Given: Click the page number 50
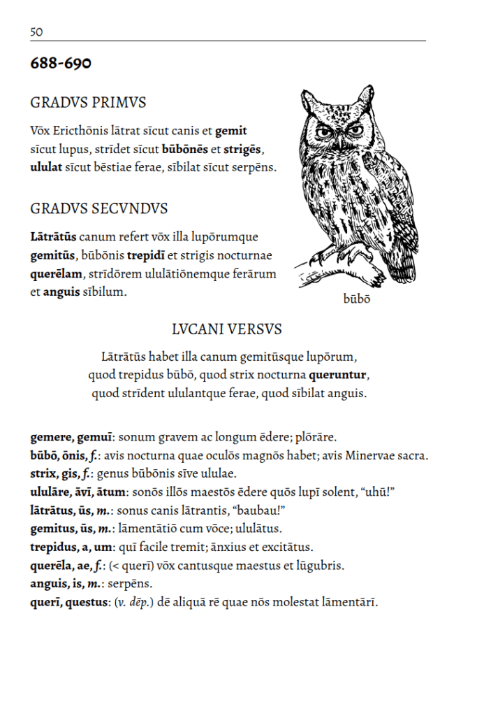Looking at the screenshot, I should point(36,31).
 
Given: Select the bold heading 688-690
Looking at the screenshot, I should point(61,64).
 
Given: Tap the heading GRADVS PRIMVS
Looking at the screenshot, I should point(88,103).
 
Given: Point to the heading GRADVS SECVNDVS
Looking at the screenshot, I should point(99,209).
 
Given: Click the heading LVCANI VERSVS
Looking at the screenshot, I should point(227,329).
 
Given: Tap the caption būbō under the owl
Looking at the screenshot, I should point(357,299).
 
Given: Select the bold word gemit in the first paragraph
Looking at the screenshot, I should point(231,131).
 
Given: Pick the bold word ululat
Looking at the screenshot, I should point(46,167).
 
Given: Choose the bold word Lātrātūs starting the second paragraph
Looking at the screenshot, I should point(53,237).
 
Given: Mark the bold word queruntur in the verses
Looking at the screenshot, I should point(338,375).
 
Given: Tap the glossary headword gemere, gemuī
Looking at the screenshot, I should point(71,438).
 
